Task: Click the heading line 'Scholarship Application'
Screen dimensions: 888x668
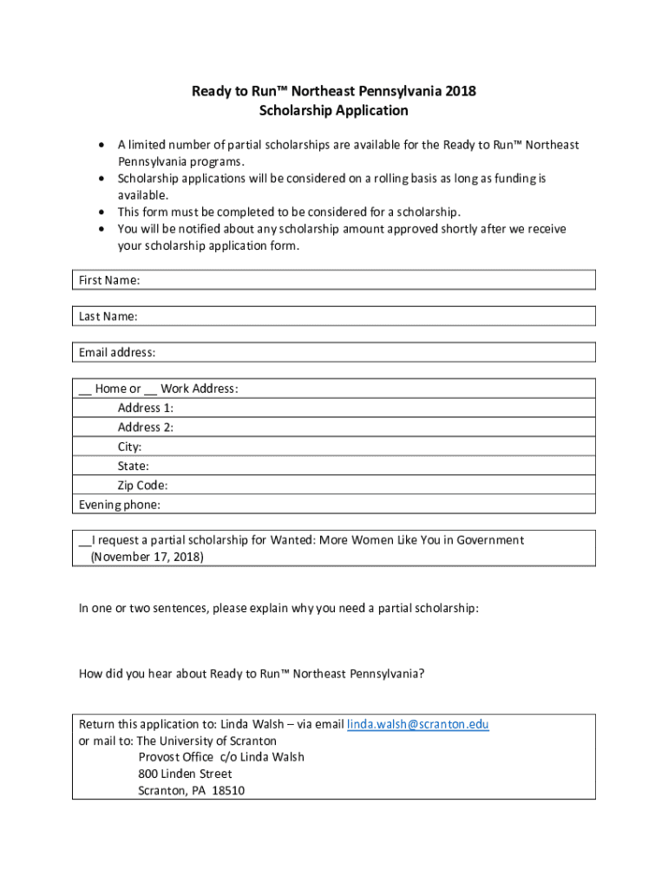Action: tap(334, 110)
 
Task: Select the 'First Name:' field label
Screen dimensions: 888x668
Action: tap(109, 280)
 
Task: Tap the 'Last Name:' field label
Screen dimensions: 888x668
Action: tap(108, 317)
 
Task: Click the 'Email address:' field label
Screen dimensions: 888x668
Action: tap(117, 353)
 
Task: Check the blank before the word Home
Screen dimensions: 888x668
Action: tap(85, 389)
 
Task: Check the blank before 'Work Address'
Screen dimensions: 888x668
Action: tap(151, 389)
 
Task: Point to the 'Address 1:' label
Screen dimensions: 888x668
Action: tap(146, 408)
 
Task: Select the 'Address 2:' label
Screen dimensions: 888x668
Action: tap(146, 428)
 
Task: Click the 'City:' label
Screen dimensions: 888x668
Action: tap(130, 447)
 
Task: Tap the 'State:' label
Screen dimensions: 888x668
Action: tap(134, 467)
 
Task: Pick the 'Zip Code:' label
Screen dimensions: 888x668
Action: tap(143, 486)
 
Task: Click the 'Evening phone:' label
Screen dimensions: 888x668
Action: tap(120, 505)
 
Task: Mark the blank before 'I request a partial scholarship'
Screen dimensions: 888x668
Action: tap(85, 541)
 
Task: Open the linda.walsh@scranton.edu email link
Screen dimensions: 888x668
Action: tap(418, 724)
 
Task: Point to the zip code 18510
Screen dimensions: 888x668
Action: tap(229, 790)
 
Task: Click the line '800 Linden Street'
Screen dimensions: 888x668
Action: tap(185, 774)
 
